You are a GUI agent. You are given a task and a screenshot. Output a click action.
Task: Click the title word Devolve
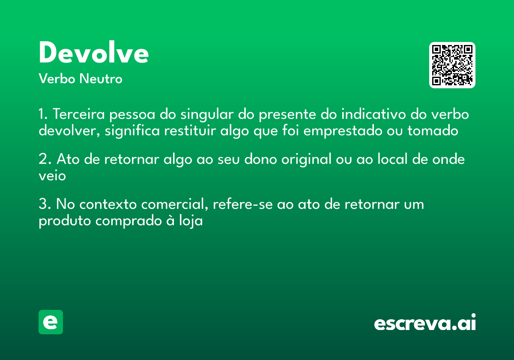(94, 53)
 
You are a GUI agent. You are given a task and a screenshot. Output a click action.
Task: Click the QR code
(452, 65)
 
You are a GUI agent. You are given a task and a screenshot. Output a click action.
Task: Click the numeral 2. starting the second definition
(45, 160)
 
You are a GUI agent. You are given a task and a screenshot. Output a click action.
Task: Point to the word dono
(261, 160)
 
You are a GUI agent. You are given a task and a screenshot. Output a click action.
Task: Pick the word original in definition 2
(307, 160)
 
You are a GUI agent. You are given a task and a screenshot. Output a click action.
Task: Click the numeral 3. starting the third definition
(45, 204)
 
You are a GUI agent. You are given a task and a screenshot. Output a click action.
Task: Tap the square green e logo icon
(51, 322)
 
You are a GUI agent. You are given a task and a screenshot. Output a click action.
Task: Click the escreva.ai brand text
(425, 323)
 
